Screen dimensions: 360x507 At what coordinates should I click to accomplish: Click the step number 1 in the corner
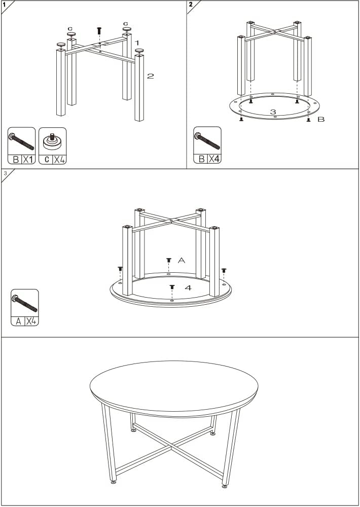[4, 5]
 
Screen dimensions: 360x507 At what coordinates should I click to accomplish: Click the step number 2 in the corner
[191, 5]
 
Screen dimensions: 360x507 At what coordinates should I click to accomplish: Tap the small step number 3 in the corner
[5, 173]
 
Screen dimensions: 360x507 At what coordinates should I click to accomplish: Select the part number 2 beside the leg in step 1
[151, 76]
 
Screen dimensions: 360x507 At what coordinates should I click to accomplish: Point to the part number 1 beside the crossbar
[137, 43]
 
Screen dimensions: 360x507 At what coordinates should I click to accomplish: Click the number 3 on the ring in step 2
[273, 112]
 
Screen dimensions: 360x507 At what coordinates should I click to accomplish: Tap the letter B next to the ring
[321, 119]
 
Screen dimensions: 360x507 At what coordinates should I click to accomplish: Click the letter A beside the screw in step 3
[182, 260]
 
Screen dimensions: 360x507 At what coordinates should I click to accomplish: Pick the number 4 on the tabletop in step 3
[188, 287]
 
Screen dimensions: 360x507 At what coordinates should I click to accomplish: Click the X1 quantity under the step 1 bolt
[28, 159]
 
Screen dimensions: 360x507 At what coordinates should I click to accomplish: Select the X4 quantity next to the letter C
[59, 159]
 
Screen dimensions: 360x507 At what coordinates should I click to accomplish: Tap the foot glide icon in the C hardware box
[52, 141]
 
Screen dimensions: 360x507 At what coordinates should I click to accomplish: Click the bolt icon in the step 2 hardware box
[207, 141]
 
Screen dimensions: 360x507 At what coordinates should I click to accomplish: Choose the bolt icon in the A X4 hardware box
[24, 303]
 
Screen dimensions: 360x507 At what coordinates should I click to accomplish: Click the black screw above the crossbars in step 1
[99, 31]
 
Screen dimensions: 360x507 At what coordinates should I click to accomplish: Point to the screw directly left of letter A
[168, 260]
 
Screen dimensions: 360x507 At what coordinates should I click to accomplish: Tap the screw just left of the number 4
[172, 287]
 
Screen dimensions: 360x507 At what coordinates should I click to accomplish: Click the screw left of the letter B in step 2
[308, 120]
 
